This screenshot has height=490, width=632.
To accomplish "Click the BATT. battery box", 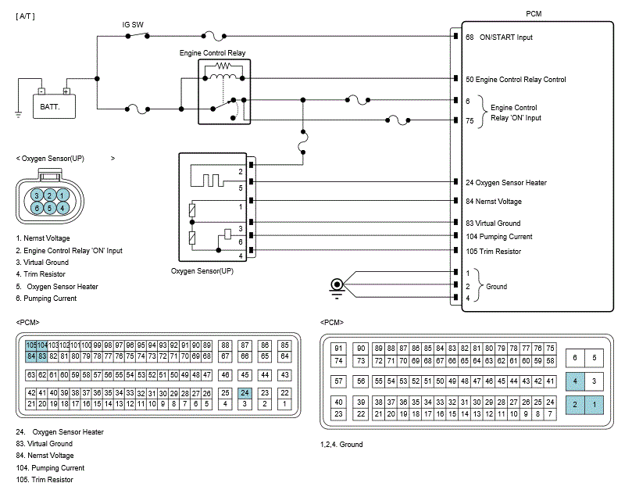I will coord(54,105).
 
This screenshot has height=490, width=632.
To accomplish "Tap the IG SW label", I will coord(134,24).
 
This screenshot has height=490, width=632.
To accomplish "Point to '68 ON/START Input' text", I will coord(509,37).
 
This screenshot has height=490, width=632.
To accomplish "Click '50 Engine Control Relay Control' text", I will coord(527,80).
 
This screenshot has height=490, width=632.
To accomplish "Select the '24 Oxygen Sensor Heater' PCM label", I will coord(516,183).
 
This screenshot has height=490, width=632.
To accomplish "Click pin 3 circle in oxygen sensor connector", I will coord(36,195).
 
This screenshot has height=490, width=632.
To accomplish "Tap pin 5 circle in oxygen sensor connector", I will coord(49,208).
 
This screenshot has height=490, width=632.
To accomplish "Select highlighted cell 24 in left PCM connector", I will coord(245,392).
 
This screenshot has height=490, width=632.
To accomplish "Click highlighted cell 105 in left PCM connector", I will coord(31,345).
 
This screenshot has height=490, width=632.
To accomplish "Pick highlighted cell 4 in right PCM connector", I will coord(575,381).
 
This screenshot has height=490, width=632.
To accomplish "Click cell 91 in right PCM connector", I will coord(338,349).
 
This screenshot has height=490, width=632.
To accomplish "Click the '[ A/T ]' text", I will coord(26,16).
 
